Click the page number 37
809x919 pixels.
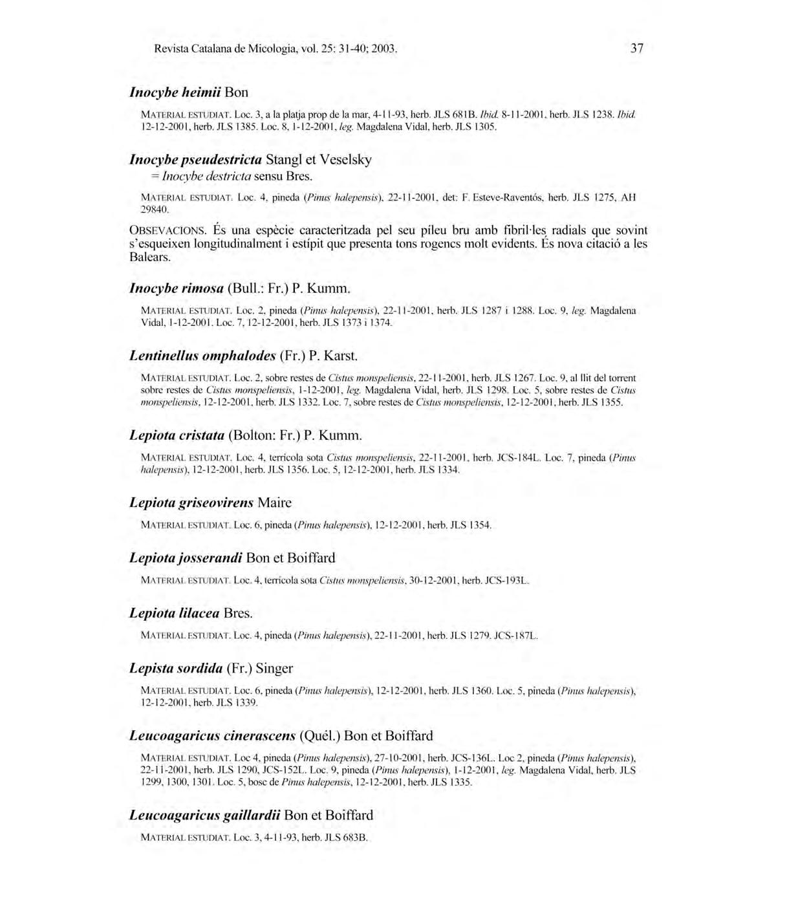point(636,49)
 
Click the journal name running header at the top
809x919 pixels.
point(275,49)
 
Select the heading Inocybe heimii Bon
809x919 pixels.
point(189,92)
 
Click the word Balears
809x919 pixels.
point(150,257)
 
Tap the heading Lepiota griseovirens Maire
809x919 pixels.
point(210,503)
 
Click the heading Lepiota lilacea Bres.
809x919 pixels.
point(191,613)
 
